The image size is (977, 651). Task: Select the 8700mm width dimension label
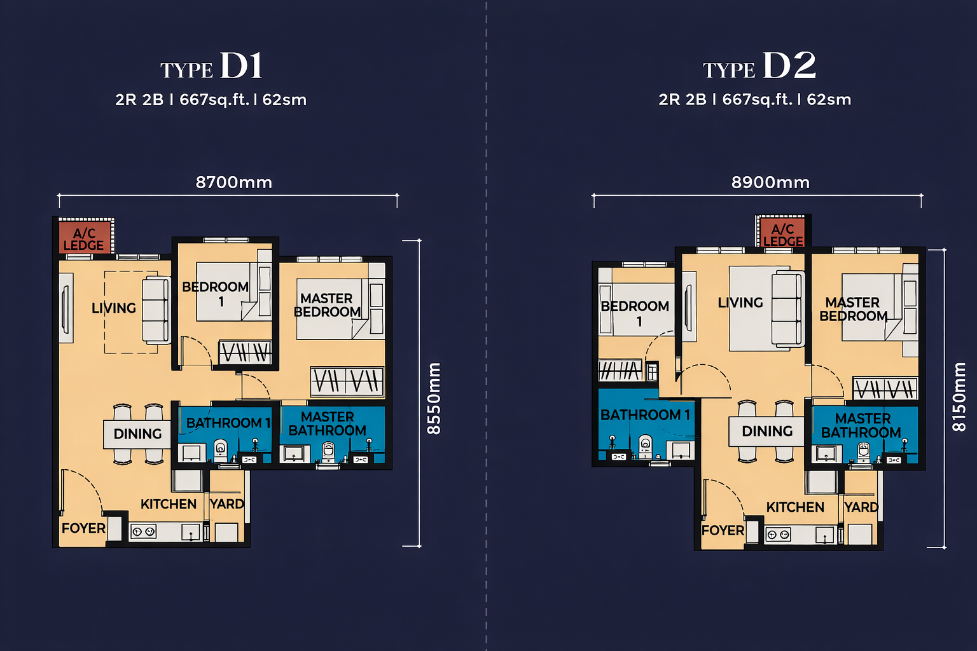tap(234, 182)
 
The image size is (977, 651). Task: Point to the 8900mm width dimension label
tap(770, 182)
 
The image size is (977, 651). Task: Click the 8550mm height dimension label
tap(434, 399)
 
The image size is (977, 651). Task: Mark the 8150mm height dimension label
tap(959, 397)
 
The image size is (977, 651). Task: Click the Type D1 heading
tap(212, 66)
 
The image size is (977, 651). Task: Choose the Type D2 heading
tap(759, 66)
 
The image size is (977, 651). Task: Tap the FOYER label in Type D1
tap(83, 528)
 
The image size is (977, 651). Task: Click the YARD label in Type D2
tap(861, 507)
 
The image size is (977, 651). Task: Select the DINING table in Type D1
tap(137, 434)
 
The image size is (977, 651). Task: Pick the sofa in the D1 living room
tap(156, 310)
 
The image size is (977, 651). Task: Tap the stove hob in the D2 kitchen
tap(779, 535)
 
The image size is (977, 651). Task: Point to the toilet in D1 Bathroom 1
tap(220, 449)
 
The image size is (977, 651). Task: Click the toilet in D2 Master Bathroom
tap(864, 452)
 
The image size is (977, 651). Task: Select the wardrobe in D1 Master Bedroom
tap(347, 381)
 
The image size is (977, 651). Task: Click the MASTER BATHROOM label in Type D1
tap(328, 423)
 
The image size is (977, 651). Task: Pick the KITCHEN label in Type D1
tap(169, 504)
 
